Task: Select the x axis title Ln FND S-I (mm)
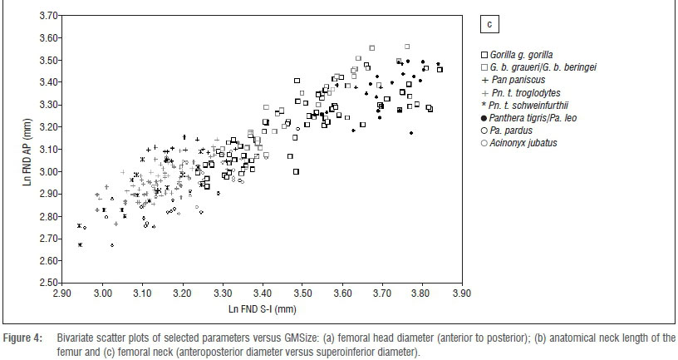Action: pyautogui.click(x=262, y=309)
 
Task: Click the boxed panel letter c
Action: pyautogui.click(x=490, y=25)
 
